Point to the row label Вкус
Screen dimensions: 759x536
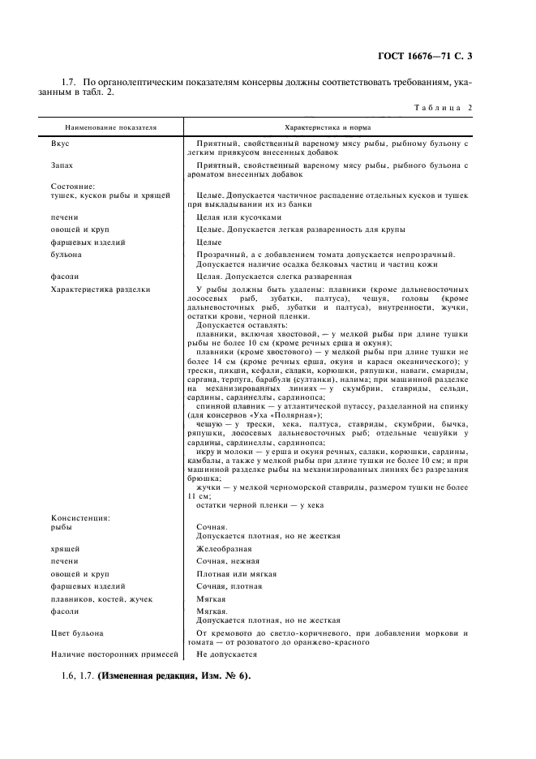61,143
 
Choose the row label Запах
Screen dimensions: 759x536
62,165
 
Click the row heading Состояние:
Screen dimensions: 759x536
73,186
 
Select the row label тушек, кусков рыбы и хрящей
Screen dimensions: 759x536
109,195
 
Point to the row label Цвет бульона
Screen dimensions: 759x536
78,632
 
